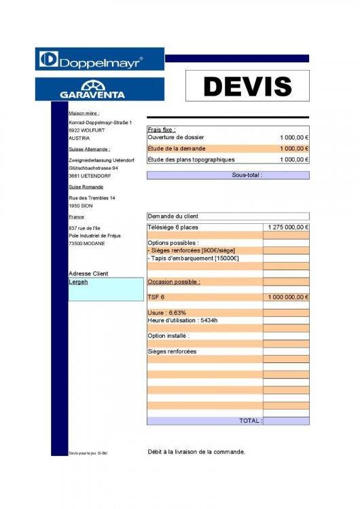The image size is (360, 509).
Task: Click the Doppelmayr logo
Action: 99,59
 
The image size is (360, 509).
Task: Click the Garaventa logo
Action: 99,89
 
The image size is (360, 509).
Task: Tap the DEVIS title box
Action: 247,86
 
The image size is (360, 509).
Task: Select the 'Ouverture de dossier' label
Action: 176,137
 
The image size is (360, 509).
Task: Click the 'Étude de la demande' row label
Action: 177,148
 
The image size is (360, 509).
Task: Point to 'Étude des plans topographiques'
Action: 191,159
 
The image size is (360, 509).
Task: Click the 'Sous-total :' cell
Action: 247,175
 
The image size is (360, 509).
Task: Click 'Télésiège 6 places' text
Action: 173,227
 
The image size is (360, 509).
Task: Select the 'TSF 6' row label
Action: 156,297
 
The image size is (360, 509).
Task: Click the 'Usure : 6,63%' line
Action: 167,313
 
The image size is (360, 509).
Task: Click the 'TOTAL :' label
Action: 250,421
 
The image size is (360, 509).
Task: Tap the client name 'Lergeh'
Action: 78,282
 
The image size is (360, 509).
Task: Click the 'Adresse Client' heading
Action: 88,274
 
